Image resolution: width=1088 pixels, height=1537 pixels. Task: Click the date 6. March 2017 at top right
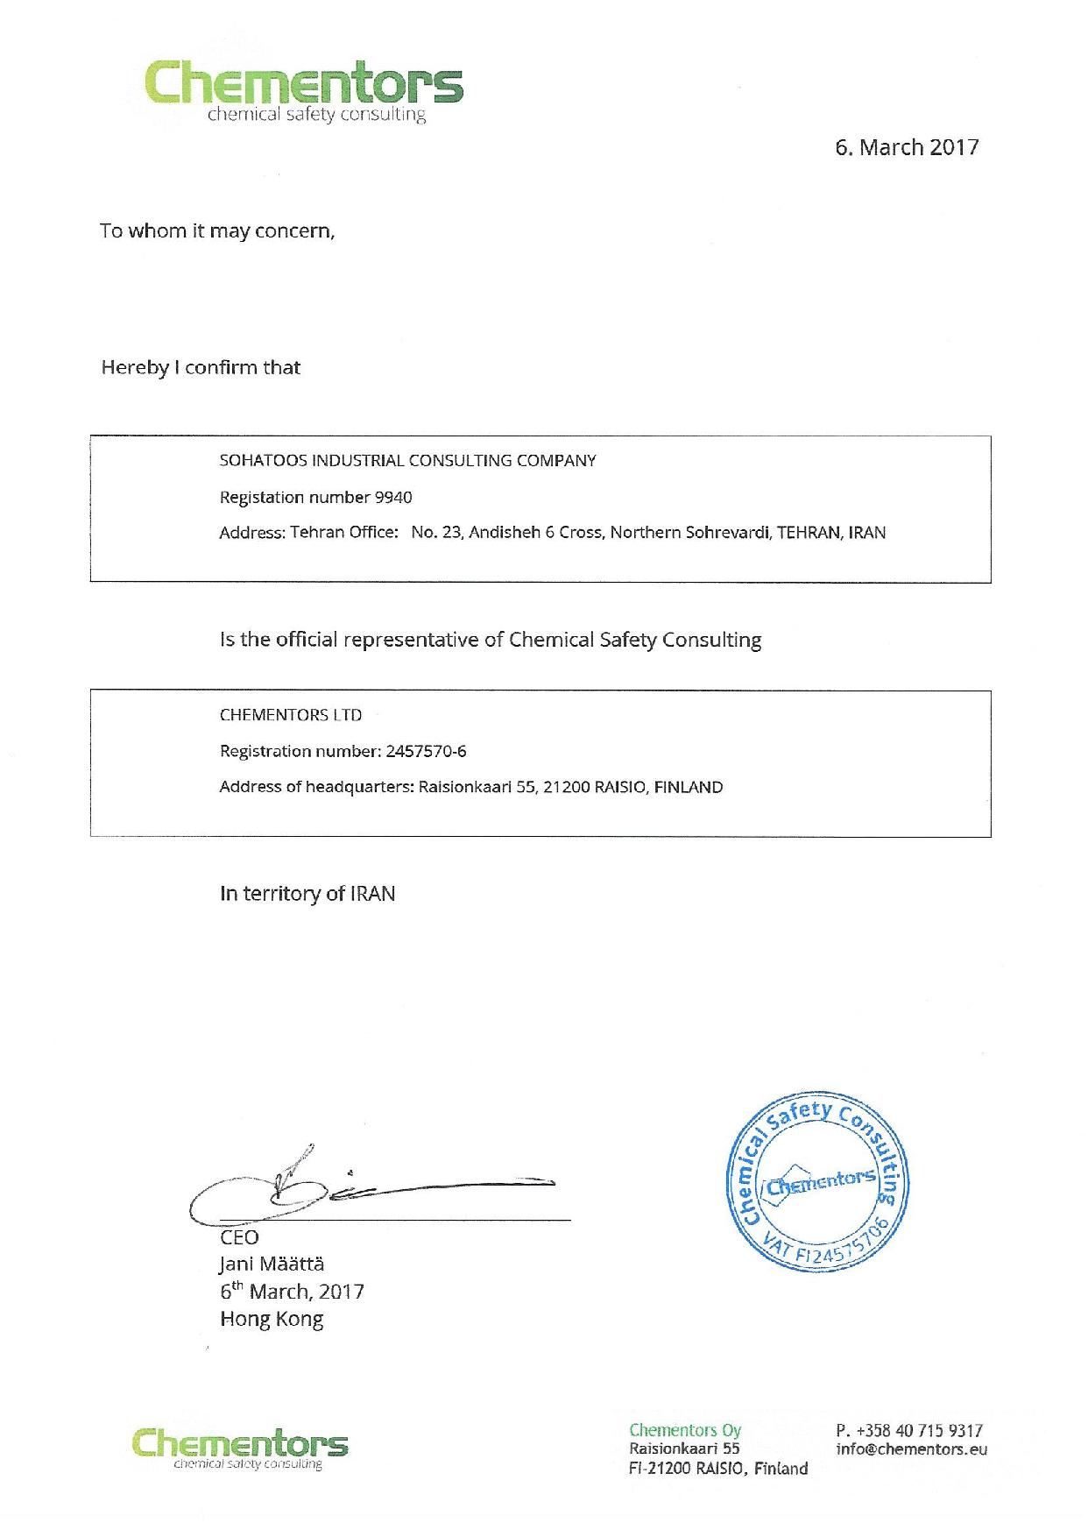[906, 147]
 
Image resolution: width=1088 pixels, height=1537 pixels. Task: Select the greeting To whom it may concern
[216, 231]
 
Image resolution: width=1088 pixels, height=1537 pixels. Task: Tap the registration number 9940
[392, 498]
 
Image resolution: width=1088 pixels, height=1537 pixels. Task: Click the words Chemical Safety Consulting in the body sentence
[634, 641]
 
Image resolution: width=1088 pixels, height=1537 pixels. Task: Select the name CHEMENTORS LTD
[290, 715]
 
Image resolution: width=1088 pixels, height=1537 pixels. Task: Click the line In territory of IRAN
[307, 894]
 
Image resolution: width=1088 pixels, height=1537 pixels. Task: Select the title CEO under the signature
[239, 1237]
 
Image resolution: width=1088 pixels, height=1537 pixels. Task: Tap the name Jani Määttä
[272, 1264]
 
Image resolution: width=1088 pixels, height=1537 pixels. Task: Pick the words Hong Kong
[272, 1319]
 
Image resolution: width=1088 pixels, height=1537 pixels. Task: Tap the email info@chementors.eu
[911, 1449]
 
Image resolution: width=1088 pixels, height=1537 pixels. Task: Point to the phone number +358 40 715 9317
[919, 1430]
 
